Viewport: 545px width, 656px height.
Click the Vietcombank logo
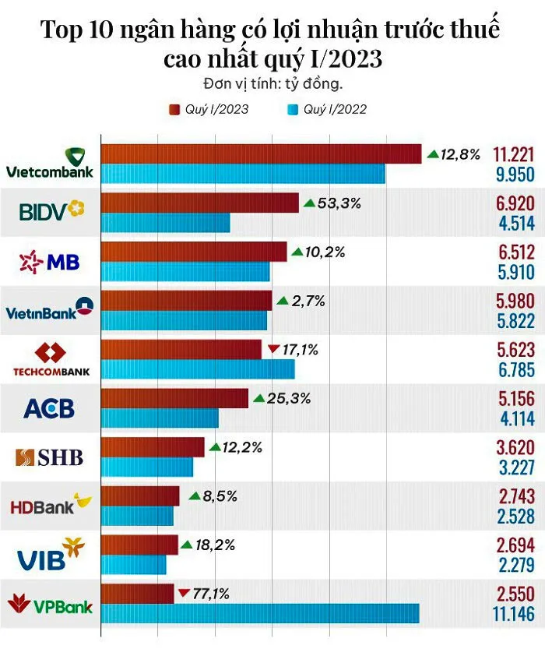[x=50, y=163]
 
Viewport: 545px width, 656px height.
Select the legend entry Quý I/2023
[x=209, y=109]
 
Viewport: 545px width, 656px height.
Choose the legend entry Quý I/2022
[x=327, y=109]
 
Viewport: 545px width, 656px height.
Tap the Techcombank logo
[x=50, y=361]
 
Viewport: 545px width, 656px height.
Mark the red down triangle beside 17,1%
[x=272, y=349]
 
